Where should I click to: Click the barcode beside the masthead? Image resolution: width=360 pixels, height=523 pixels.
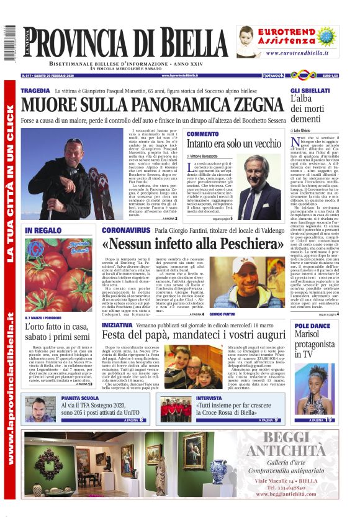[x=9, y=43]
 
